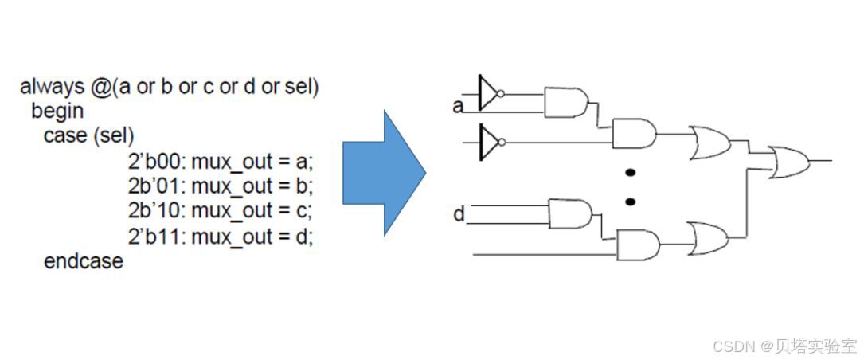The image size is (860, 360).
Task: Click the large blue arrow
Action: click(x=382, y=173)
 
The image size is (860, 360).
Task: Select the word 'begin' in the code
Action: click(x=57, y=111)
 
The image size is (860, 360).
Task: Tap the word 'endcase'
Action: click(x=84, y=260)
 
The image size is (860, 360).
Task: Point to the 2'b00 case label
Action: click(x=156, y=162)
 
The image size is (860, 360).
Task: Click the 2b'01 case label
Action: click(x=156, y=186)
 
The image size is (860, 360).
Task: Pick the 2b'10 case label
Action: click(x=156, y=211)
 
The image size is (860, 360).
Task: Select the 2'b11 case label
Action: click(x=156, y=237)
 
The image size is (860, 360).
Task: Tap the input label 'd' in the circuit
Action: click(x=459, y=214)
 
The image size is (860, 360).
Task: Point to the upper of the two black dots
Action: click(x=630, y=173)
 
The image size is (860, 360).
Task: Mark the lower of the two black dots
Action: click(x=630, y=202)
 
